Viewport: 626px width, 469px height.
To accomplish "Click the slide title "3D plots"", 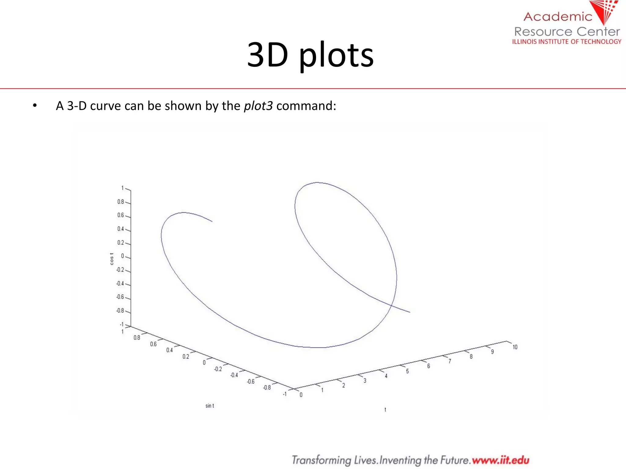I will coord(310,55).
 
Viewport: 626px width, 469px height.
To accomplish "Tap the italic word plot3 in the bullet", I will coord(258,106).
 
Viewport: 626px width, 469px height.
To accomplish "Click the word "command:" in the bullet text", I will coord(306,106).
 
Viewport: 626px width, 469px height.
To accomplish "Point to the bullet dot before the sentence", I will coord(35,106).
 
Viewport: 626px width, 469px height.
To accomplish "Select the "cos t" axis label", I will coord(112,259).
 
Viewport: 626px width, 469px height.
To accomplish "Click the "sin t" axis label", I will coord(210,406).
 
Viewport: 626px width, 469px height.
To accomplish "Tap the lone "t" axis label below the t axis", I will coord(385,410).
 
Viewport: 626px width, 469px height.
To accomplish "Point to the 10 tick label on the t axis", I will coord(515,347).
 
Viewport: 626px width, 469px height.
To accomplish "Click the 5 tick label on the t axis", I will coord(407,371).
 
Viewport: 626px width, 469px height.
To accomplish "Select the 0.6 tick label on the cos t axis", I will coord(120,215).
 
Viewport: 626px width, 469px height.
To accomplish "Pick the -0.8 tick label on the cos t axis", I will coord(120,311).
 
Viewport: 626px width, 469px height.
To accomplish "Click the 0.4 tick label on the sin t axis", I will coord(169,350).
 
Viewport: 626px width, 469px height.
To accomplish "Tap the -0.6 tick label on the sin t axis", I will coord(251,382).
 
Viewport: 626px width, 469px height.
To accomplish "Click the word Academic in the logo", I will coord(558,17).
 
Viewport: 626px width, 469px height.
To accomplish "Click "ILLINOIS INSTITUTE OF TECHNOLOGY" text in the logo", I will coord(567,42).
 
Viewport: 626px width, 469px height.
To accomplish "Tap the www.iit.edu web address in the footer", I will coord(500,460).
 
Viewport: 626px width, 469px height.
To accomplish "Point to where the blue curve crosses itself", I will coord(392,305).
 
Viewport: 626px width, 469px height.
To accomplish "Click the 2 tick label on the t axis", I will coord(344,386).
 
